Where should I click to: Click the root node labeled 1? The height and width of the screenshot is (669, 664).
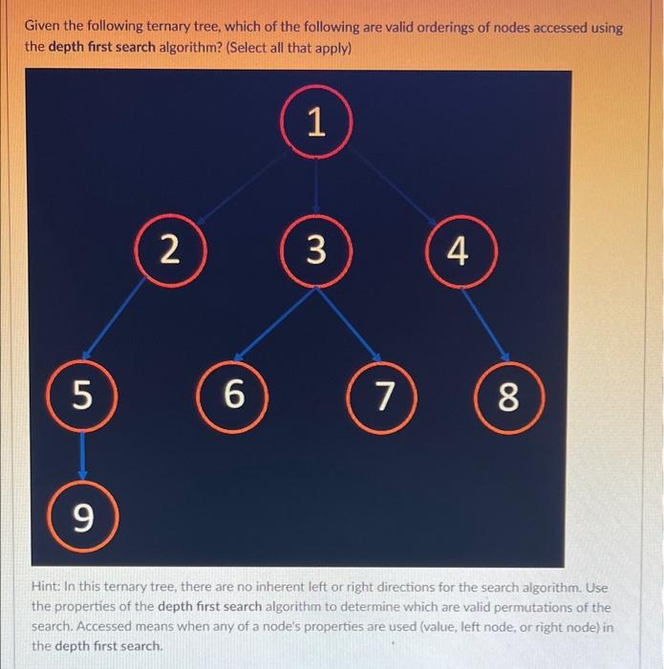click(317, 123)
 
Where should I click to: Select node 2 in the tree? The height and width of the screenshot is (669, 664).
click(169, 251)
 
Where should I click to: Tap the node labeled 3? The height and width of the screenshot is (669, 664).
click(317, 251)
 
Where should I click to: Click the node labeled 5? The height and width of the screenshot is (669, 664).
click(85, 393)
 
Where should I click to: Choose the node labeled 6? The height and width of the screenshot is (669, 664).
click(233, 393)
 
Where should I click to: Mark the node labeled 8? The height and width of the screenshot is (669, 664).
click(508, 398)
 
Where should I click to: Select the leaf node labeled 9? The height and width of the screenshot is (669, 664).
click(85, 517)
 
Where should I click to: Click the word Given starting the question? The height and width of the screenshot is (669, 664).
click(46, 28)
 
